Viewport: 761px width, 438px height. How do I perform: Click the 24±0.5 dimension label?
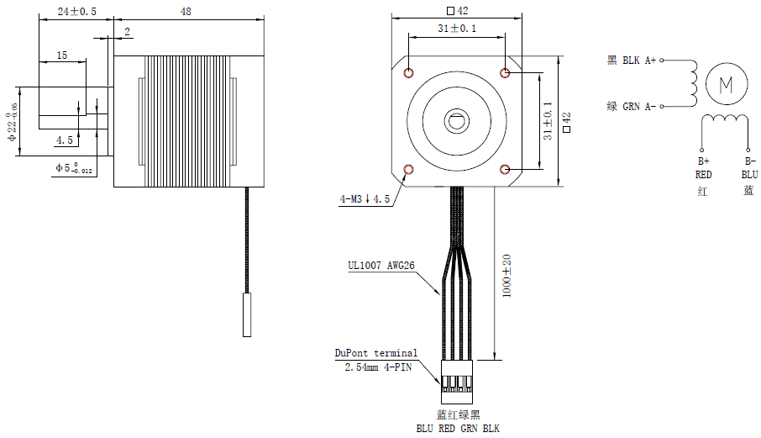click(x=76, y=12)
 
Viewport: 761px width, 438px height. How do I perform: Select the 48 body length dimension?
click(x=186, y=12)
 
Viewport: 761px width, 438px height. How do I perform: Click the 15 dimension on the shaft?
click(x=61, y=55)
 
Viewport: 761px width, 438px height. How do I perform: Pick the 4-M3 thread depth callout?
click(x=365, y=200)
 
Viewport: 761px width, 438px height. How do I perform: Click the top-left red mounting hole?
click(x=409, y=72)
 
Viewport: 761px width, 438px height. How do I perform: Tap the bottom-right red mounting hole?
click(x=506, y=170)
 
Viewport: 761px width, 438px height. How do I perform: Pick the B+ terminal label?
click(x=703, y=161)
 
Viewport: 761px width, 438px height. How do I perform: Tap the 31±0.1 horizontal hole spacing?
click(x=456, y=29)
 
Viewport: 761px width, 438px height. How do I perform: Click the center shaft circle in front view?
click(x=457, y=121)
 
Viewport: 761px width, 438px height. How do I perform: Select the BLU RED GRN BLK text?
click(x=458, y=429)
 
